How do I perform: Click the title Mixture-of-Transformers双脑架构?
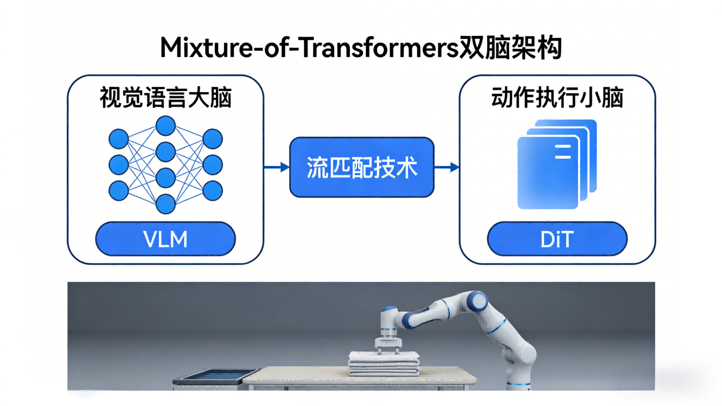[x=361, y=48]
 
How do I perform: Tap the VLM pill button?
[x=165, y=239]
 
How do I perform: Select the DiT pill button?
[x=557, y=239]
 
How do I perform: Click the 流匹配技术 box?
[x=362, y=167]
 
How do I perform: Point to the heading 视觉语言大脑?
[x=166, y=97]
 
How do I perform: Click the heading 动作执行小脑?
[x=557, y=97]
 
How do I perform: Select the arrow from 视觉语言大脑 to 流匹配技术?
[x=276, y=167]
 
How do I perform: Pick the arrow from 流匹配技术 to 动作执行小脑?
[x=447, y=167]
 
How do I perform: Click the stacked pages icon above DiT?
[x=557, y=164]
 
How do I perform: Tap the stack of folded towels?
[x=384, y=364]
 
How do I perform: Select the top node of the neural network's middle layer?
[x=165, y=125]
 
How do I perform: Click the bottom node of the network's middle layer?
[x=165, y=204]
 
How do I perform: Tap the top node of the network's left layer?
[x=119, y=139]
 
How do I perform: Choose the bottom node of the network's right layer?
[x=212, y=191]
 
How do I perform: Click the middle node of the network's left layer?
[x=119, y=165]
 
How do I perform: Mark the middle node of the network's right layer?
[x=212, y=165]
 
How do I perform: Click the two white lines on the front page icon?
[x=563, y=152]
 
